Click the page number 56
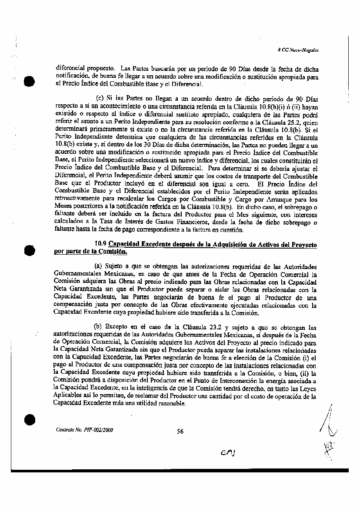[x=180, y=431]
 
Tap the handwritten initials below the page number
[x=228, y=453]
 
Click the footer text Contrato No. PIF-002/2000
[x=84, y=430]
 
